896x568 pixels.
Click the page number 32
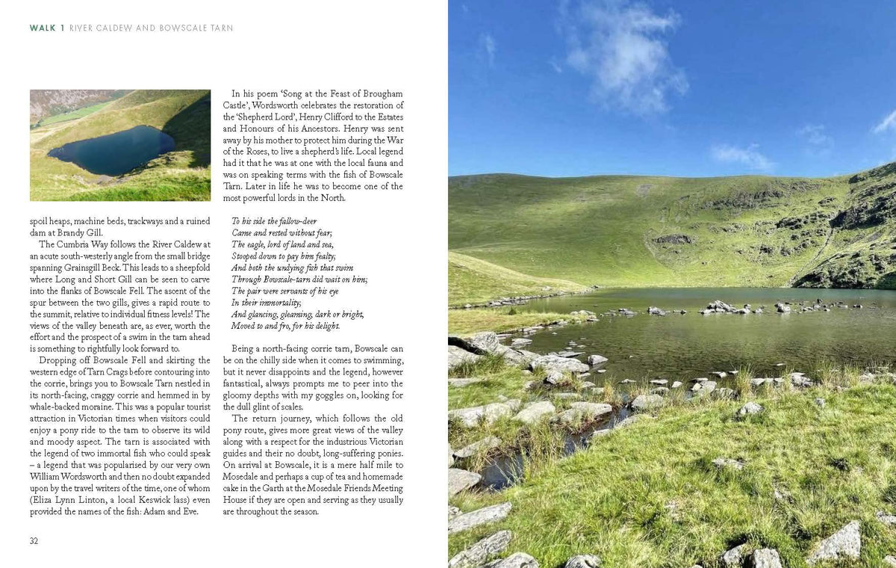click(34, 541)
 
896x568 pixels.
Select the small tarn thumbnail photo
click(120, 145)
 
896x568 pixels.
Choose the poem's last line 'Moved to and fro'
click(285, 326)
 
